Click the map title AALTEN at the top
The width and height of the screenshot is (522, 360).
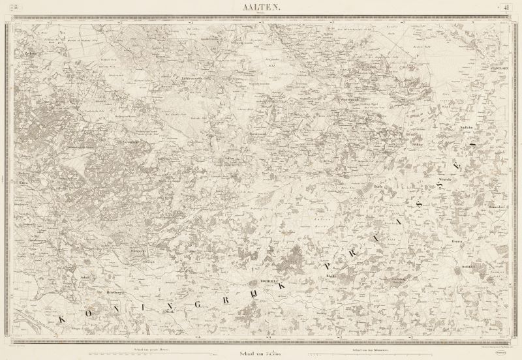click(261, 7)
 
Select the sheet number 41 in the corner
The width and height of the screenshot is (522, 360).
click(506, 7)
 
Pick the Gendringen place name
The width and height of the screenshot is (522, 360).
click(39, 239)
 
